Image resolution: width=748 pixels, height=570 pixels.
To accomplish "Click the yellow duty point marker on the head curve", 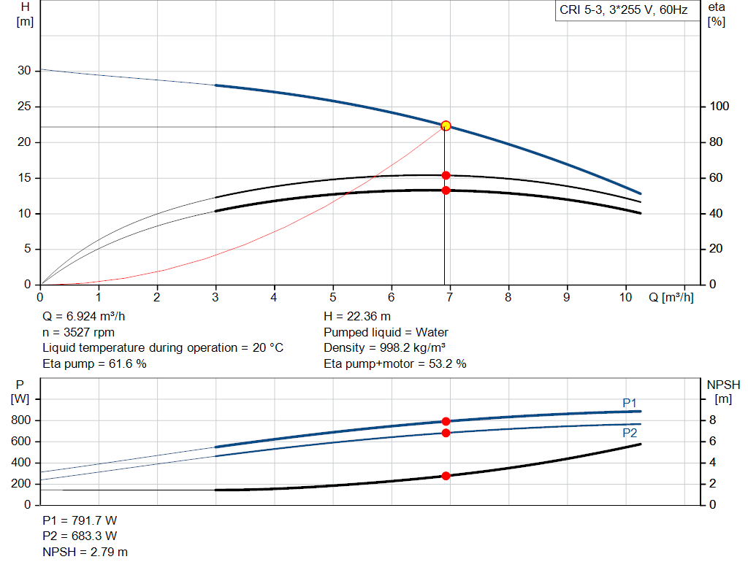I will point(446,126).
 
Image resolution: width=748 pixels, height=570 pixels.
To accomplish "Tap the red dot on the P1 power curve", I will point(446,421).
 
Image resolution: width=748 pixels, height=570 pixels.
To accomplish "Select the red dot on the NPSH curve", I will point(446,476).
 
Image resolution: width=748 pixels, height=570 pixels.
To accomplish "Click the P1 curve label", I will point(630,403).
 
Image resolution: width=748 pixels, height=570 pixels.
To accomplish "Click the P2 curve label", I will point(630,433).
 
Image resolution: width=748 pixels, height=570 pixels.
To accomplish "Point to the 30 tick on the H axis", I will point(24,71).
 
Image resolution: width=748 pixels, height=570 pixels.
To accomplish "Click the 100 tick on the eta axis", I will point(719,107).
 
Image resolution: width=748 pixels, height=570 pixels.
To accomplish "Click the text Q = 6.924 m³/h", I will point(88,316).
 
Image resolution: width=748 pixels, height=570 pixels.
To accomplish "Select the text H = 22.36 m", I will point(356,316).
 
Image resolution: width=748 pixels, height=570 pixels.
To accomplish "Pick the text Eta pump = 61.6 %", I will point(94,363).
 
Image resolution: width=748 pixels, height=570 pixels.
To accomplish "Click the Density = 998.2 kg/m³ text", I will point(386,347).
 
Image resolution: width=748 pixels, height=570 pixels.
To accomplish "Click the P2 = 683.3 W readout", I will point(80,536).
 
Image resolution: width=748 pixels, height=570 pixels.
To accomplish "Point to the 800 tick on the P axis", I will point(20,420).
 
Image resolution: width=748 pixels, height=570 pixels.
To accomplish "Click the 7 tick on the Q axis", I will point(450,298).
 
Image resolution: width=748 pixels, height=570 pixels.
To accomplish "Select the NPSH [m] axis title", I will point(723,391).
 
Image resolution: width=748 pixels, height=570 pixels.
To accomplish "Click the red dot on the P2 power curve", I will point(446,433).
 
